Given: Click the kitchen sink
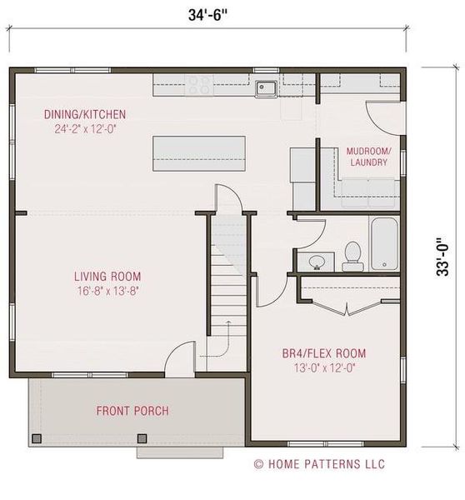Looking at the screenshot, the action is pos(266,88).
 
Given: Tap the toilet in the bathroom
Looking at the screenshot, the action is pos(352,257).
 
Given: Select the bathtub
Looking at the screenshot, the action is pos(385,244).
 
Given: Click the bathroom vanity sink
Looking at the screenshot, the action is pos(317,262).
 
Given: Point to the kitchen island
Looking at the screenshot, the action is pos(199,153).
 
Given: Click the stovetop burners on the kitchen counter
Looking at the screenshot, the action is pos(199,86).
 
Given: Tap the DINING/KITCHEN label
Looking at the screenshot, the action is pos(85,114).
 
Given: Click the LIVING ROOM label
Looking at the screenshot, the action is pos(107,277).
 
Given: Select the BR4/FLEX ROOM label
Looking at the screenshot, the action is pos(324,353).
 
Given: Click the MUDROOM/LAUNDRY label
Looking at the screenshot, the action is pos(368,157).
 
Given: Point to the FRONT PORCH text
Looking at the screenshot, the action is pos(132,411).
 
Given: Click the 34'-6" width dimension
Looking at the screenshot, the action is pos(208,15).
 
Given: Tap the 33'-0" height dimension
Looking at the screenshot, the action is pos(442,257).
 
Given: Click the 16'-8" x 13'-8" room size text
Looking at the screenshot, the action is pos(107,291).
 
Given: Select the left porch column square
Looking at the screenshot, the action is pos(37,439).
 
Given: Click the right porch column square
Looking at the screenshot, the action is pos(142,439).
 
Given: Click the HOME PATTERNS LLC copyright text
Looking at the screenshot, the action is pos(319,464).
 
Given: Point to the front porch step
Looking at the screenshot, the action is pos(180,452).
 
